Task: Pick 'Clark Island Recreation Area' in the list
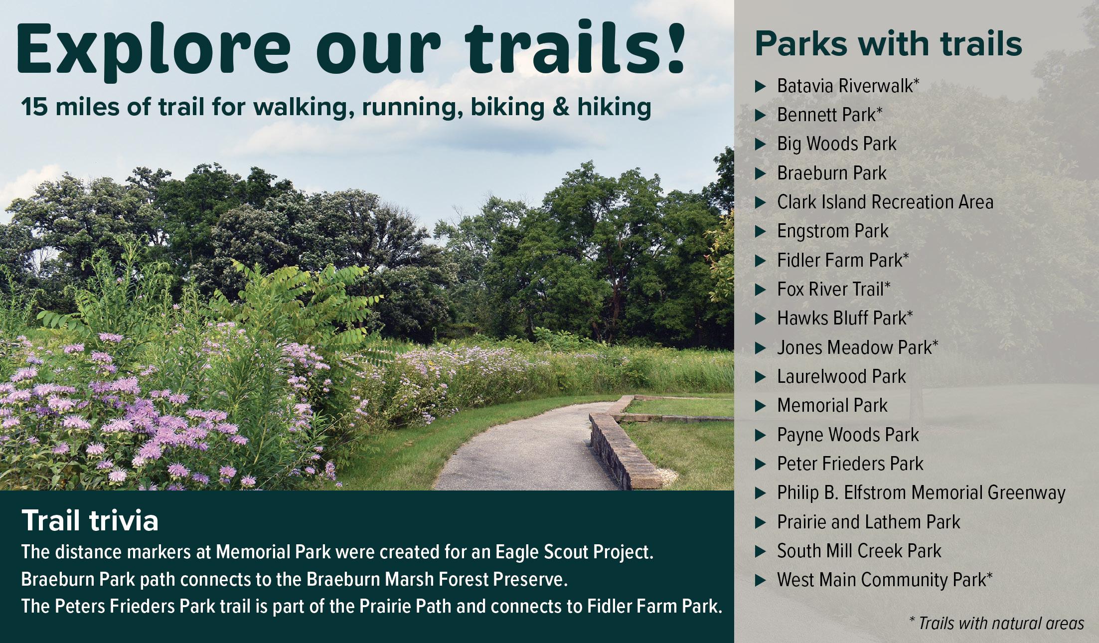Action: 885,202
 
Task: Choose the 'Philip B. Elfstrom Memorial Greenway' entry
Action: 921,492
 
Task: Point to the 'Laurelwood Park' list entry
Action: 841,376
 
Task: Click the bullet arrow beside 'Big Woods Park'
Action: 760,145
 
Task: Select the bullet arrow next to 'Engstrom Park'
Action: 760,232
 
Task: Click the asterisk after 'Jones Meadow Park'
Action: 935,343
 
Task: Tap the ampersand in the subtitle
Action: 561,107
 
